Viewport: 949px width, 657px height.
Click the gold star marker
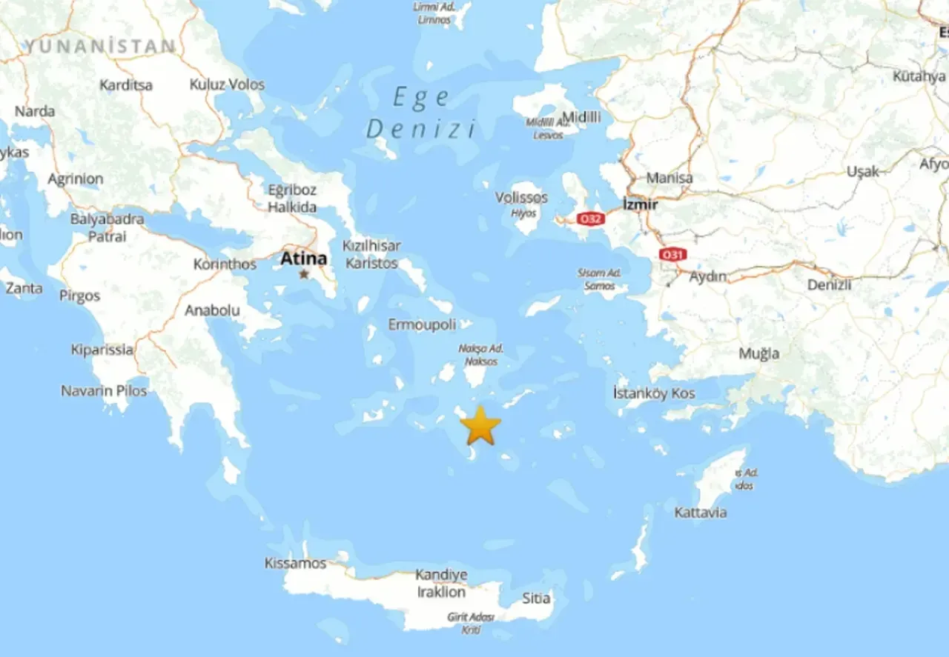(480, 425)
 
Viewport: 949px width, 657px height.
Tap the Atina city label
(303, 259)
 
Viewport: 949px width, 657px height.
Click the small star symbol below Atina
(304, 275)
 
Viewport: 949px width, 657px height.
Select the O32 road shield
(592, 219)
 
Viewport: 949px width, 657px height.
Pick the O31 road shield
(672, 255)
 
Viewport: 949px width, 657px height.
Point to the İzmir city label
(640, 204)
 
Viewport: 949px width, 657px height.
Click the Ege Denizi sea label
(421, 113)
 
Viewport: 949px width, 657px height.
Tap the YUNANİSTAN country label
(101, 46)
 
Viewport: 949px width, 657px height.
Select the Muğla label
(758, 353)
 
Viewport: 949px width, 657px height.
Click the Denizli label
(829, 284)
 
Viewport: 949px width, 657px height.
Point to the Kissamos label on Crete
(295, 563)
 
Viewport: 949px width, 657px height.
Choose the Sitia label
(536, 598)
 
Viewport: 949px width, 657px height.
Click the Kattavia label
(700, 513)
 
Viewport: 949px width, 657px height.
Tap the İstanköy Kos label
(654, 393)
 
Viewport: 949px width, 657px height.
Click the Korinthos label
(225, 264)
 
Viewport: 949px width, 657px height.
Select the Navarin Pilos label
(104, 390)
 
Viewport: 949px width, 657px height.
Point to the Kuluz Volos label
(227, 84)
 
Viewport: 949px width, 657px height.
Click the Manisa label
(669, 178)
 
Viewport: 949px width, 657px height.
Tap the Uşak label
(862, 171)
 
